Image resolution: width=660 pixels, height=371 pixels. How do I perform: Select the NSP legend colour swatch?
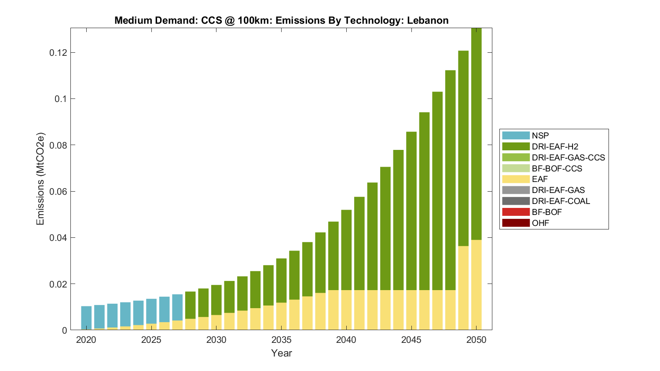pyautogui.click(x=516, y=135)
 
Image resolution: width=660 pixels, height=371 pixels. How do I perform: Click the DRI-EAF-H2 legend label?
pyautogui.click(x=555, y=146)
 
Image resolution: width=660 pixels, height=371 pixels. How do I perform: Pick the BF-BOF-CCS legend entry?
pyautogui.click(x=557, y=168)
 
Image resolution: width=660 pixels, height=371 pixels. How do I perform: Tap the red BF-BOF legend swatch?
pyautogui.click(x=516, y=212)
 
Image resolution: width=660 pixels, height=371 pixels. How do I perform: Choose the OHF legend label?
pyautogui.click(x=540, y=223)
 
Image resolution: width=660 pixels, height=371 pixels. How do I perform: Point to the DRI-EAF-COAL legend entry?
pyautogui.click(x=561, y=201)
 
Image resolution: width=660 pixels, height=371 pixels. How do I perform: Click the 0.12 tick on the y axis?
pyautogui.click(x=58, y=53)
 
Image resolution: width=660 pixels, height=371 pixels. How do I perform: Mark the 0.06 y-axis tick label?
pyautogui.click(x=58, y=192)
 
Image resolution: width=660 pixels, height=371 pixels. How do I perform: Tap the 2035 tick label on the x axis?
pyautogui.click(x=282, y=340)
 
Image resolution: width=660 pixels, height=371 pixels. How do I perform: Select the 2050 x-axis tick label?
pyautogui.click(x=477, y=340)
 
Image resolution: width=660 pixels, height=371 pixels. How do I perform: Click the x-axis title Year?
pyautogui.click(x=282, y=353)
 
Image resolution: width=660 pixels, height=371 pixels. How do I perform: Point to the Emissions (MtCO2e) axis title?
pyautogui.click(x=40, y=178)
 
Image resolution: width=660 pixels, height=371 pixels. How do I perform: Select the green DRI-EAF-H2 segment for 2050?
pyautogui.click(x=477, y=132)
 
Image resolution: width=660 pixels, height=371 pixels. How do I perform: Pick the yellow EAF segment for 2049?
pyautogui.click(x=463, y=288)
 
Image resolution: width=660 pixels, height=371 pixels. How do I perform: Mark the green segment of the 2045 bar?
pyautogui.click(x=411, y=211)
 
